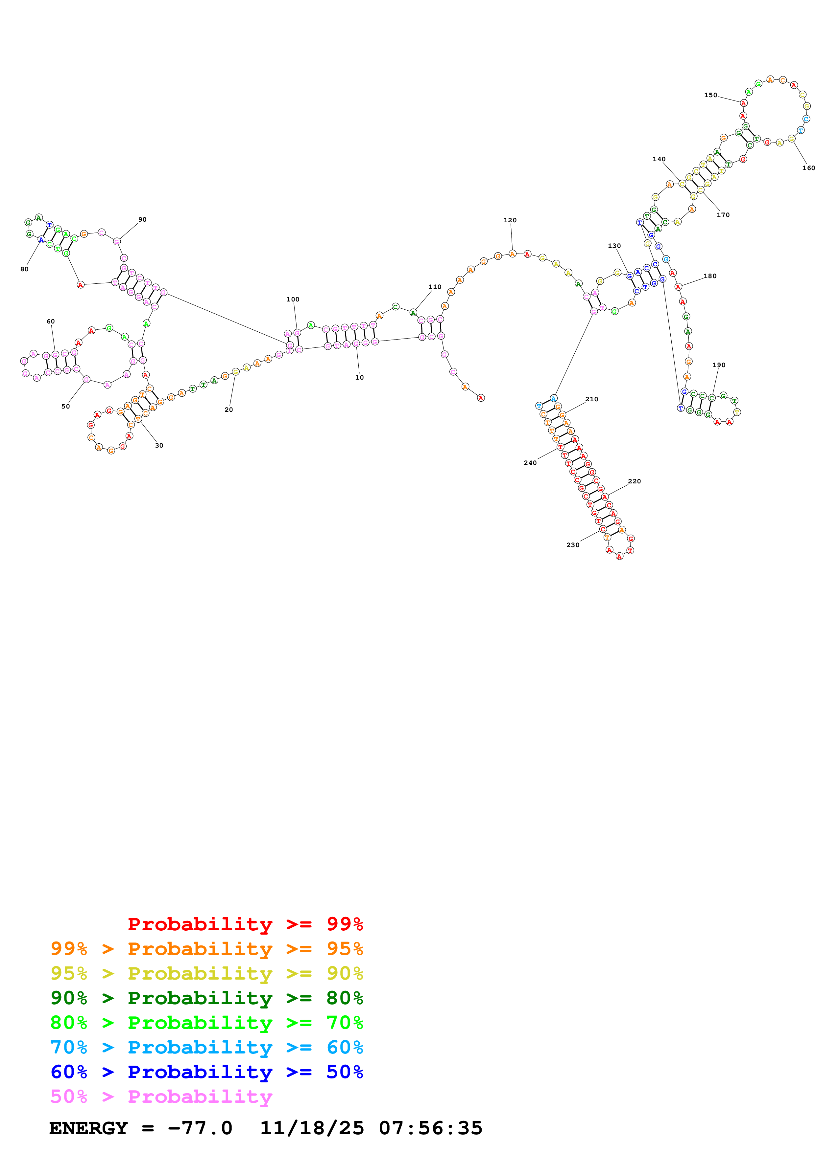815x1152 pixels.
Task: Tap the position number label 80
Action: pyautogui.click(x=24, y=269)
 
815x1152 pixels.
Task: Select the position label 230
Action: pyautogui.click(x=572, y=545)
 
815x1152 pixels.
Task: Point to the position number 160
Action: pyautogui.click(x=808, y=168)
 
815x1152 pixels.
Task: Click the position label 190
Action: pyautogui.click(x=719, y=365)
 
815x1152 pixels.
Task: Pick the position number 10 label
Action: pyautogui.click(x=359, y=378)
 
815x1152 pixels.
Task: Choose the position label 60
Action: pyautogui.click(x=51, y=321)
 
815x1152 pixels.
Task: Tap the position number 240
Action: pyautogui.click(x=530, y=463)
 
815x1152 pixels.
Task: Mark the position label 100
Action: pyautogui.click(x=293, y=299)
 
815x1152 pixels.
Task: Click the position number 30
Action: pyautogui.click(x=159, y=446)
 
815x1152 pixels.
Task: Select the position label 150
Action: pyautogui.click(x=710, y=95)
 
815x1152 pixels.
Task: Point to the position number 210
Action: pyautogui.click(x=591, y=399)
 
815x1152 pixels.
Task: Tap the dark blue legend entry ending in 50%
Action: pyautogui.click(x=206, y=1072)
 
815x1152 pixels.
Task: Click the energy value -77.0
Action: pyautogui.click(x=200, y=1128)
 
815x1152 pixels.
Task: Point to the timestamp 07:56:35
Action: pyautogui.click(x=430, y=1128)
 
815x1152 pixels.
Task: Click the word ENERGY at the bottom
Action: pyautogui.click(x=88, y=1128)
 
